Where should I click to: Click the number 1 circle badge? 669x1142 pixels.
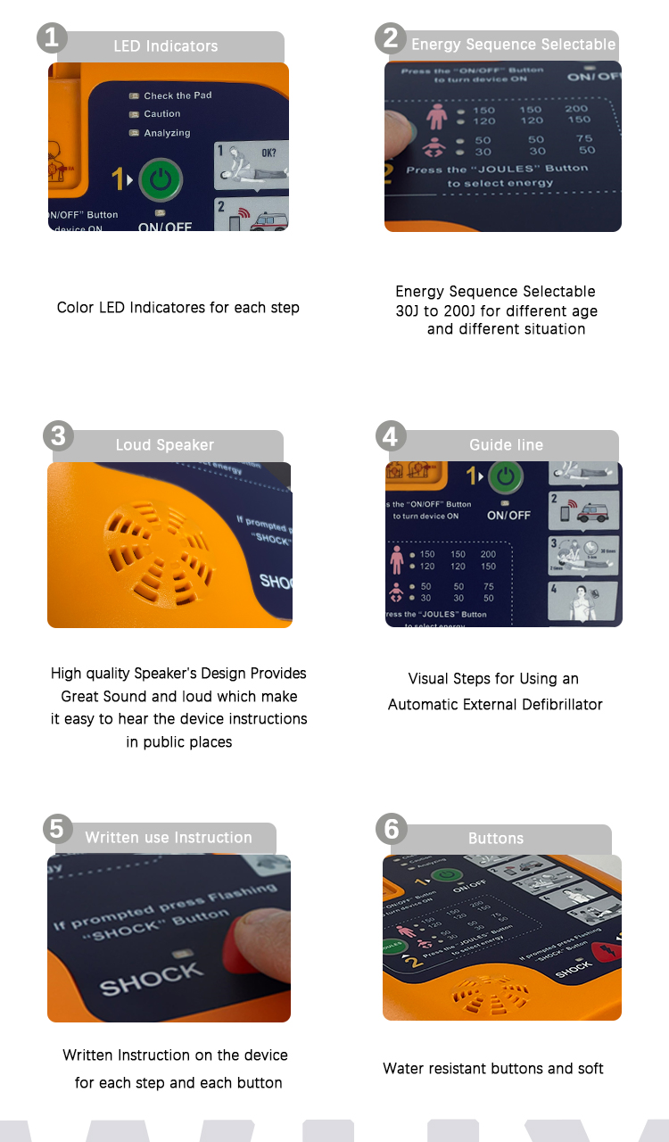click(52, 37)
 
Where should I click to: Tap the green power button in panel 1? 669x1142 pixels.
click(161, 179)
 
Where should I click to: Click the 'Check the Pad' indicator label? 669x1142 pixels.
click(178, 95)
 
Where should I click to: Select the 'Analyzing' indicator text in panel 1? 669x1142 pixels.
click(167, 133)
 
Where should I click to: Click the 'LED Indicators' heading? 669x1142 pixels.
click(165, 46)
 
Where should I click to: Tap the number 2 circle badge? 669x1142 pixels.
click(391, 37)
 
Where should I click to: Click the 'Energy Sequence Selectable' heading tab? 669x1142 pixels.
click(513, 45)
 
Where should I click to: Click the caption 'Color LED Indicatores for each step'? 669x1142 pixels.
click(178, 308)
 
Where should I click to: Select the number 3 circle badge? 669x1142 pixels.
click(58, 436)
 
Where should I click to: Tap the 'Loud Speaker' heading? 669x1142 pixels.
click(165, 444)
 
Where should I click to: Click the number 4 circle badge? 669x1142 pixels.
click(391, 436)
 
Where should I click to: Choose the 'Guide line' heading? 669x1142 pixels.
click(506, 444)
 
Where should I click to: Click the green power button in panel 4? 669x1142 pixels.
click(506, 477)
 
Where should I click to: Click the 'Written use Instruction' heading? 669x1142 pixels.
click(169, 838)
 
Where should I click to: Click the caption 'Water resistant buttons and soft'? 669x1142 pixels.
click(493, 1069)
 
